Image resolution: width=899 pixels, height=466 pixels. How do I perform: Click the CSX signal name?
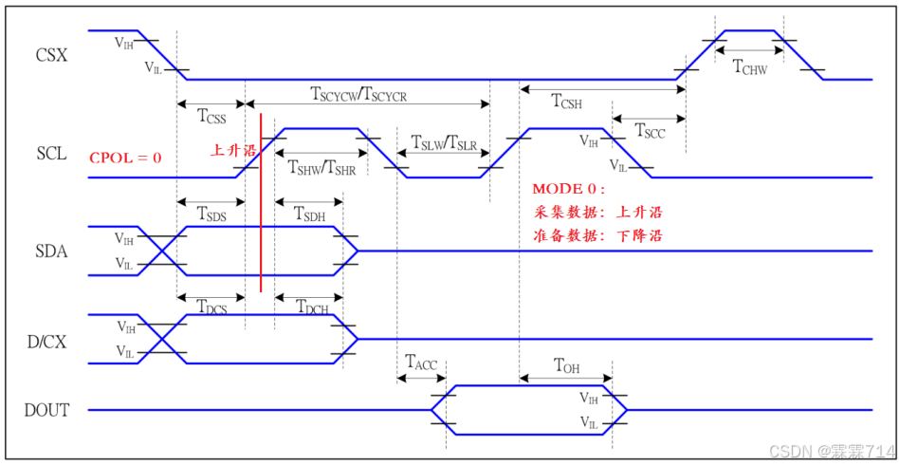(51, 55)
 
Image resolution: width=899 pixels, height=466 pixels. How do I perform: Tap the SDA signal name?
(51, 251)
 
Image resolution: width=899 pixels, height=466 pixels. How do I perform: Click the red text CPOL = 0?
(125, 158)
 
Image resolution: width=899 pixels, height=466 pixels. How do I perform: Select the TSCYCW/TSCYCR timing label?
(358, 93)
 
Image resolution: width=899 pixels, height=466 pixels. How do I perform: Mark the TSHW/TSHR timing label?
(321, 168)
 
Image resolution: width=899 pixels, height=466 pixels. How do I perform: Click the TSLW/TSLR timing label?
(443, 143)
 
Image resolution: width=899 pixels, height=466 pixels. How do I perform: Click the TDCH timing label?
(310, 307)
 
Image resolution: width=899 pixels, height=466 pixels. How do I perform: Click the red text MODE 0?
(567, 189)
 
